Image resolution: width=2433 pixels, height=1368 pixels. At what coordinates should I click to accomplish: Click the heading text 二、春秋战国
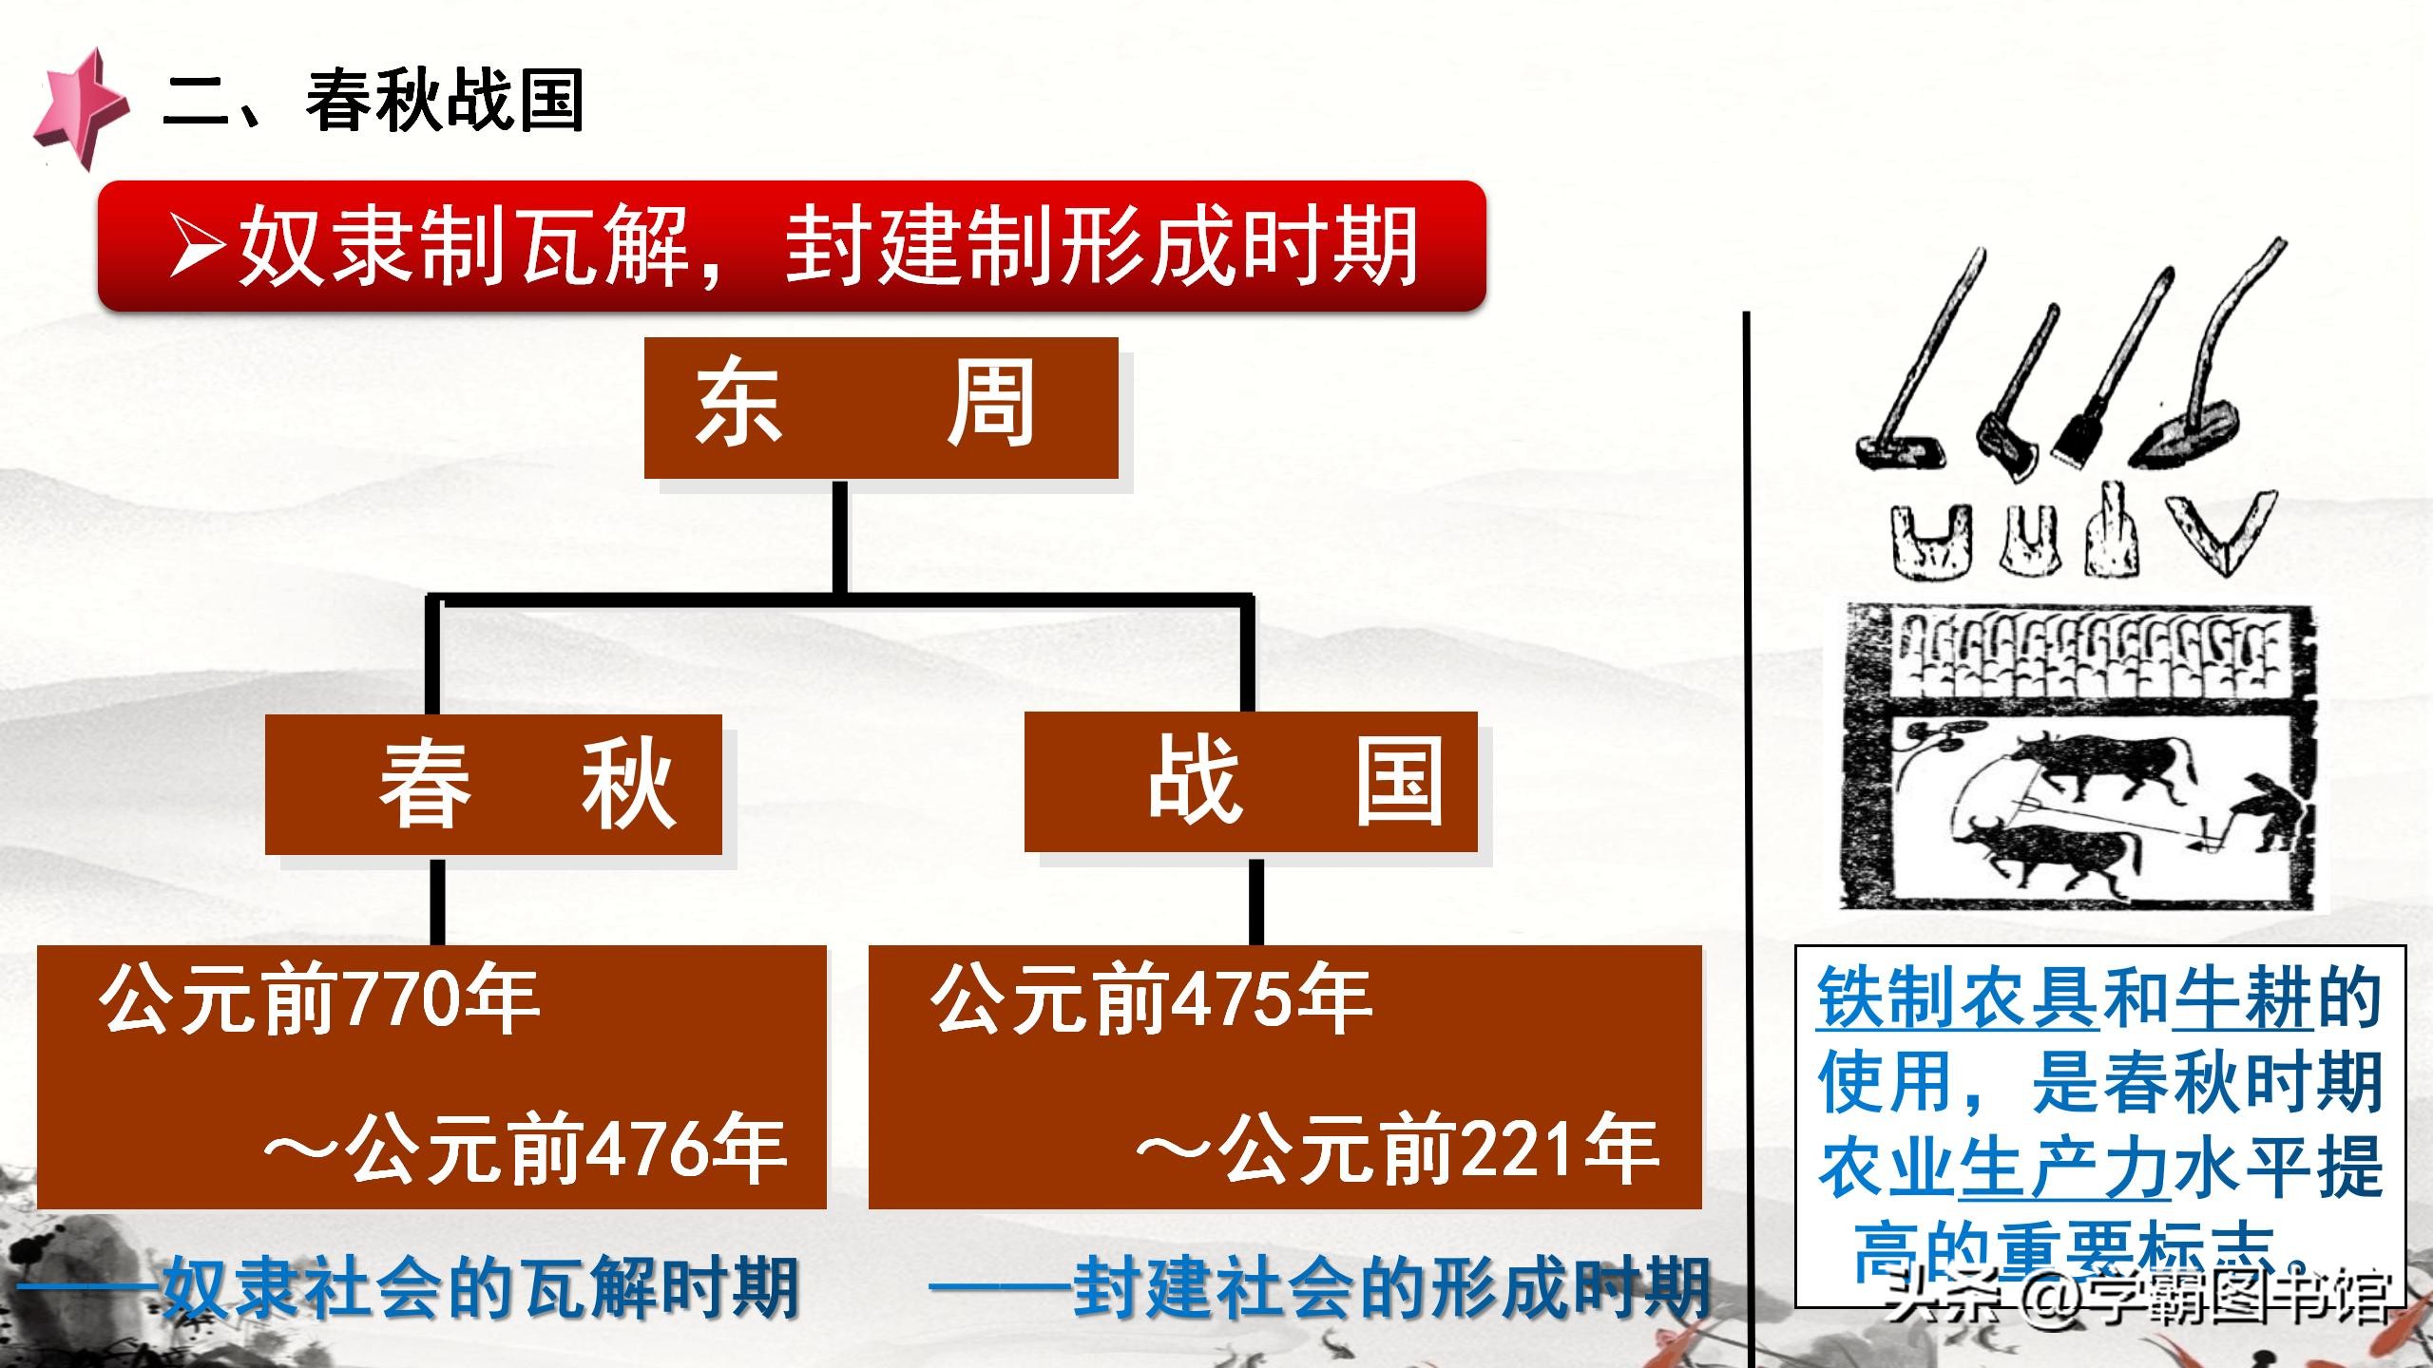[374, 101]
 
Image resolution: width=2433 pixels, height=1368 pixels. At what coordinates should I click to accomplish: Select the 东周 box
[881, 408]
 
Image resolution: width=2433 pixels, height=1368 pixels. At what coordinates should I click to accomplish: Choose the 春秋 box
[493, 785]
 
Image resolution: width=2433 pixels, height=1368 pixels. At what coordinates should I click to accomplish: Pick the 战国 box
[1251, 782]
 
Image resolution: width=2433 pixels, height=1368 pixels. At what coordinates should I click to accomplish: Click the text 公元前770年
[320, 1001]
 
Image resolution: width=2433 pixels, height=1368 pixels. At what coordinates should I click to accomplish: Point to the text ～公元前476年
[525, 1151]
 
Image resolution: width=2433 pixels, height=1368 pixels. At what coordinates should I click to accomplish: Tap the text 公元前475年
[1152, 1001]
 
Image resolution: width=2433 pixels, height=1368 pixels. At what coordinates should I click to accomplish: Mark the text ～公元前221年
[1397, 1151]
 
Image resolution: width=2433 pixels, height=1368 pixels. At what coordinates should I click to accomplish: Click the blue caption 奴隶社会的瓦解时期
[480, 1289]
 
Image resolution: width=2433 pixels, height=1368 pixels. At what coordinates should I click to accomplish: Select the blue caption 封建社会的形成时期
[1392, 1289]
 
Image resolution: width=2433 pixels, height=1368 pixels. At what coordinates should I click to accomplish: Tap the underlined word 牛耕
[2244, 999]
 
